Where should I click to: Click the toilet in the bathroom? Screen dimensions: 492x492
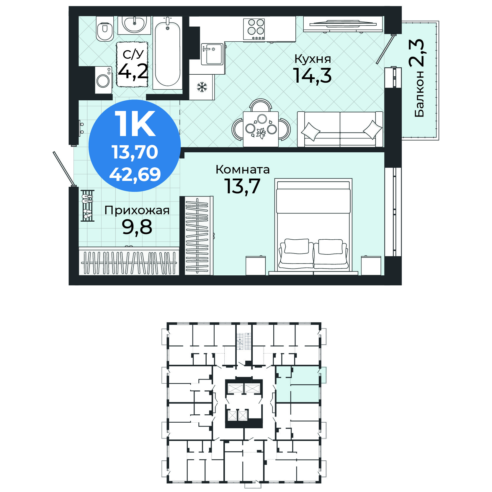coord(105,29)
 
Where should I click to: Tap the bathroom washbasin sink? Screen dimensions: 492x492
coord(134,25)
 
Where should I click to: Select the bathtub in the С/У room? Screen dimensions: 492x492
coord(167,53)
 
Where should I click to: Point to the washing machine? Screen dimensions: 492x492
coord(104,80)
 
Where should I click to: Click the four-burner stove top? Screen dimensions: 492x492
coord(254,29)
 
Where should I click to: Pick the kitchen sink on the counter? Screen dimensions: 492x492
coord(212,54)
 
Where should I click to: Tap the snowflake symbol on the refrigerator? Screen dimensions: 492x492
coord(202,87)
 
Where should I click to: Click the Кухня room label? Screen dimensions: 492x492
coord(313,59)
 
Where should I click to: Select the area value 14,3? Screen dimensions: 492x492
coord(313,76)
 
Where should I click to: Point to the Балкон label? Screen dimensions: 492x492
coord(419,94)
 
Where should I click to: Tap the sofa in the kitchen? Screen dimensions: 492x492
coord(340,129)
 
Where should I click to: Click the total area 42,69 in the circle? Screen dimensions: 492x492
coord(135,174)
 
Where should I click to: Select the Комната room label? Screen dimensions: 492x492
coord(243,170)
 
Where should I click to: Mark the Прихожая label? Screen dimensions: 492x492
coord(137,210)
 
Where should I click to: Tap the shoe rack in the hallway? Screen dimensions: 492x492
coord(87,205)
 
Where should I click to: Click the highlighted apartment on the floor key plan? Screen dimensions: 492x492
coord(298,384)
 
